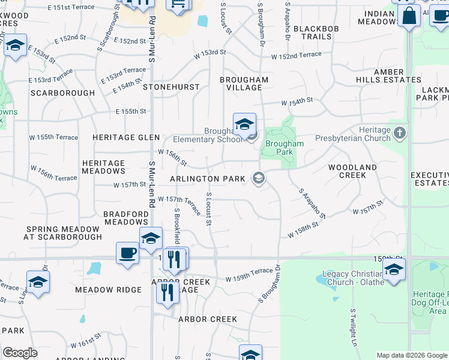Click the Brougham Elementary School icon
[244, 124]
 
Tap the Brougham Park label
[285, 148]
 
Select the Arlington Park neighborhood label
[208, 179]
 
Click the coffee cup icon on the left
[127, 253]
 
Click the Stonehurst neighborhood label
[171, 87]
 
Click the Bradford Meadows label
[126, 218]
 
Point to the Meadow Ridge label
[108, 290]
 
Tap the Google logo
[20, 353]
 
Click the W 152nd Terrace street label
[296, 56]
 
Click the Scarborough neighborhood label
[62, 93]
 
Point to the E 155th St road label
[131, 112]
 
